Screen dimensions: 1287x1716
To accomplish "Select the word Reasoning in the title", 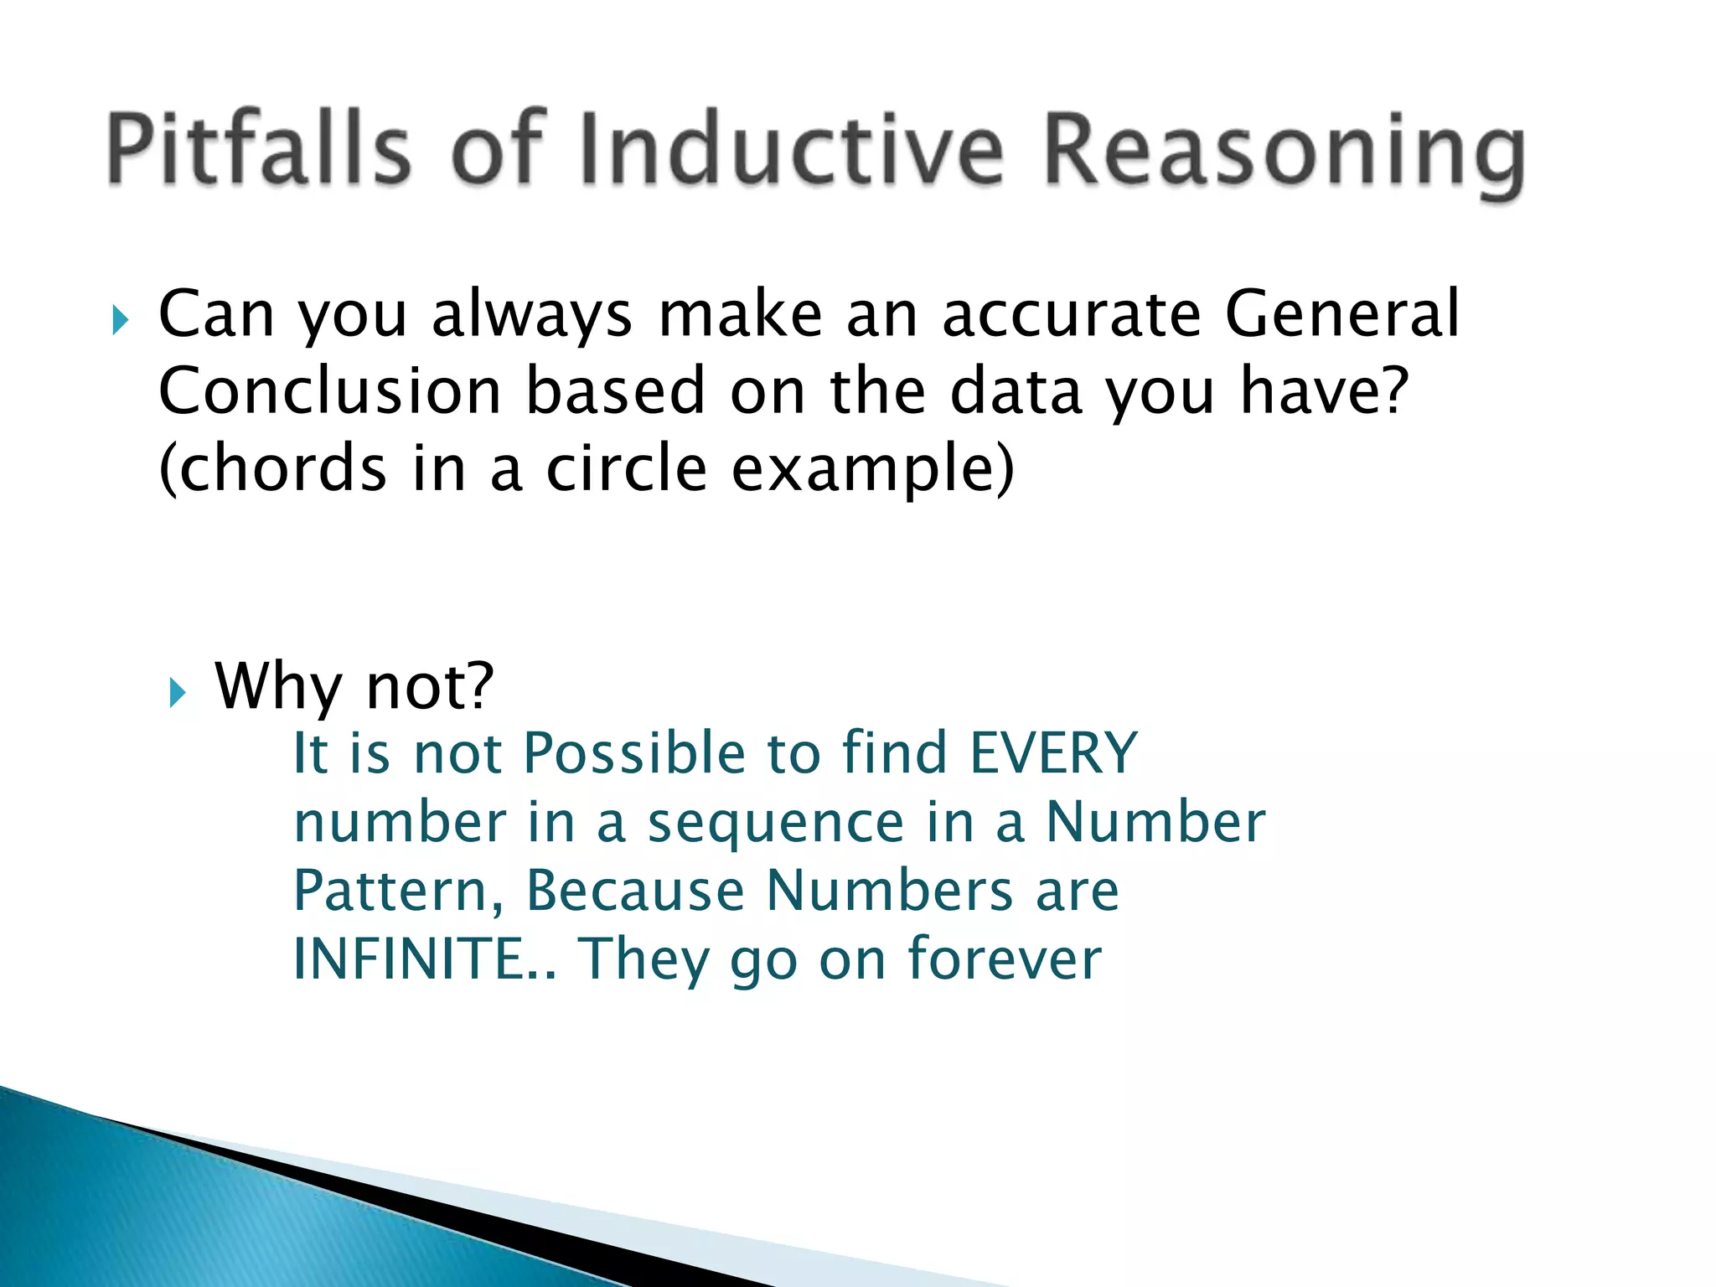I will click(1282, 155).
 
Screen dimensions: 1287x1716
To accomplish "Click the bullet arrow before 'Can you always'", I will click(120, 320).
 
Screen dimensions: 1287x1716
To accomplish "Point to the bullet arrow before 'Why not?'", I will click(176, 692).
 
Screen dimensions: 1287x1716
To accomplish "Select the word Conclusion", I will click(329, 391).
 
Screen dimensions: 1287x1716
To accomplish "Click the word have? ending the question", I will click(1325, 391).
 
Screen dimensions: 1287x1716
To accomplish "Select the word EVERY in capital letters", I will click(1053, 752).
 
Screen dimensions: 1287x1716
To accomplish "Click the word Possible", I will click(633, 752).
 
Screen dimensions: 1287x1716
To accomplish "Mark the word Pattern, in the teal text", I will click(398, 891).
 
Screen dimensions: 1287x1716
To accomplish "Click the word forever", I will click(1005, 959).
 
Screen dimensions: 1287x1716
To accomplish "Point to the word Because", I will click(634, 891).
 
